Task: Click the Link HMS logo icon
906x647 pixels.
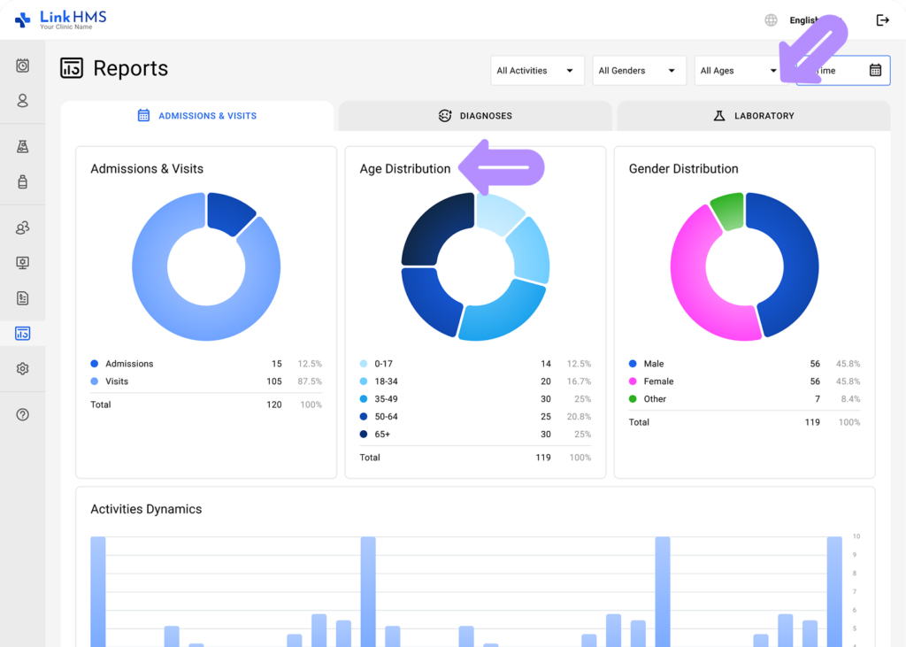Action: tap(22, 19)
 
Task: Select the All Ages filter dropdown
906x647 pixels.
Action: tap(737, 71)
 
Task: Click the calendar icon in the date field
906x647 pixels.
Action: tap(875, 71)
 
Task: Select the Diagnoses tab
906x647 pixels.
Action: tap(475, 116)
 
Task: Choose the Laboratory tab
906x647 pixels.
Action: tap(753, 116)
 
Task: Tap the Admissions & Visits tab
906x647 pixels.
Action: tap(197, 116)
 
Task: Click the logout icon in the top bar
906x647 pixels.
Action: tap(882, 20)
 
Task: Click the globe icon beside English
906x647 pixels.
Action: tap(772, 20)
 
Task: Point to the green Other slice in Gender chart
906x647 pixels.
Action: tap(726, 212)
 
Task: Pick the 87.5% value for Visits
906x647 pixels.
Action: tap(310, 381)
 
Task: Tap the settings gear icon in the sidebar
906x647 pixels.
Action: tap(23, 369)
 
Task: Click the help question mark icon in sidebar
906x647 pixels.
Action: tap(23, 414)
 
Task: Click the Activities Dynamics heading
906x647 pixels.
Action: tap(146, 510)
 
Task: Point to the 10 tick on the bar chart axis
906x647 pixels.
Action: tap(856, 536)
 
